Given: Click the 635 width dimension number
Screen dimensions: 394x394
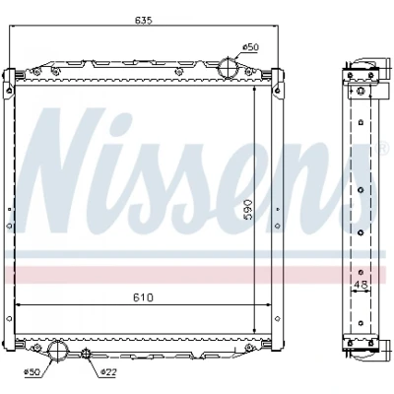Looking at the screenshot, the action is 144,20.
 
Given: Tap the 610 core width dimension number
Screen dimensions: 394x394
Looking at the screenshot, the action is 144,297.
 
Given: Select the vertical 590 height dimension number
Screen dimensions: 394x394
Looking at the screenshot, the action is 247,210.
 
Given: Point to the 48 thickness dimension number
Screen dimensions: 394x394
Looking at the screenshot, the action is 361,285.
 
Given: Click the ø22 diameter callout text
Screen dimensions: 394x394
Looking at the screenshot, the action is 108,371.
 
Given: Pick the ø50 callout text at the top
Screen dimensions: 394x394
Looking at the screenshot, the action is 250,47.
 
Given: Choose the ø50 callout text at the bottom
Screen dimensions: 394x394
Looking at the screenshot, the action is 33,371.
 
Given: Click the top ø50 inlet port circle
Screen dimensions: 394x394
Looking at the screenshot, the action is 229,68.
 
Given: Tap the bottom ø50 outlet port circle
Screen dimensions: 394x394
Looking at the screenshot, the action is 58,351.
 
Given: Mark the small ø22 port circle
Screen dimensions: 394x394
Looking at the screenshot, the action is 86,354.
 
